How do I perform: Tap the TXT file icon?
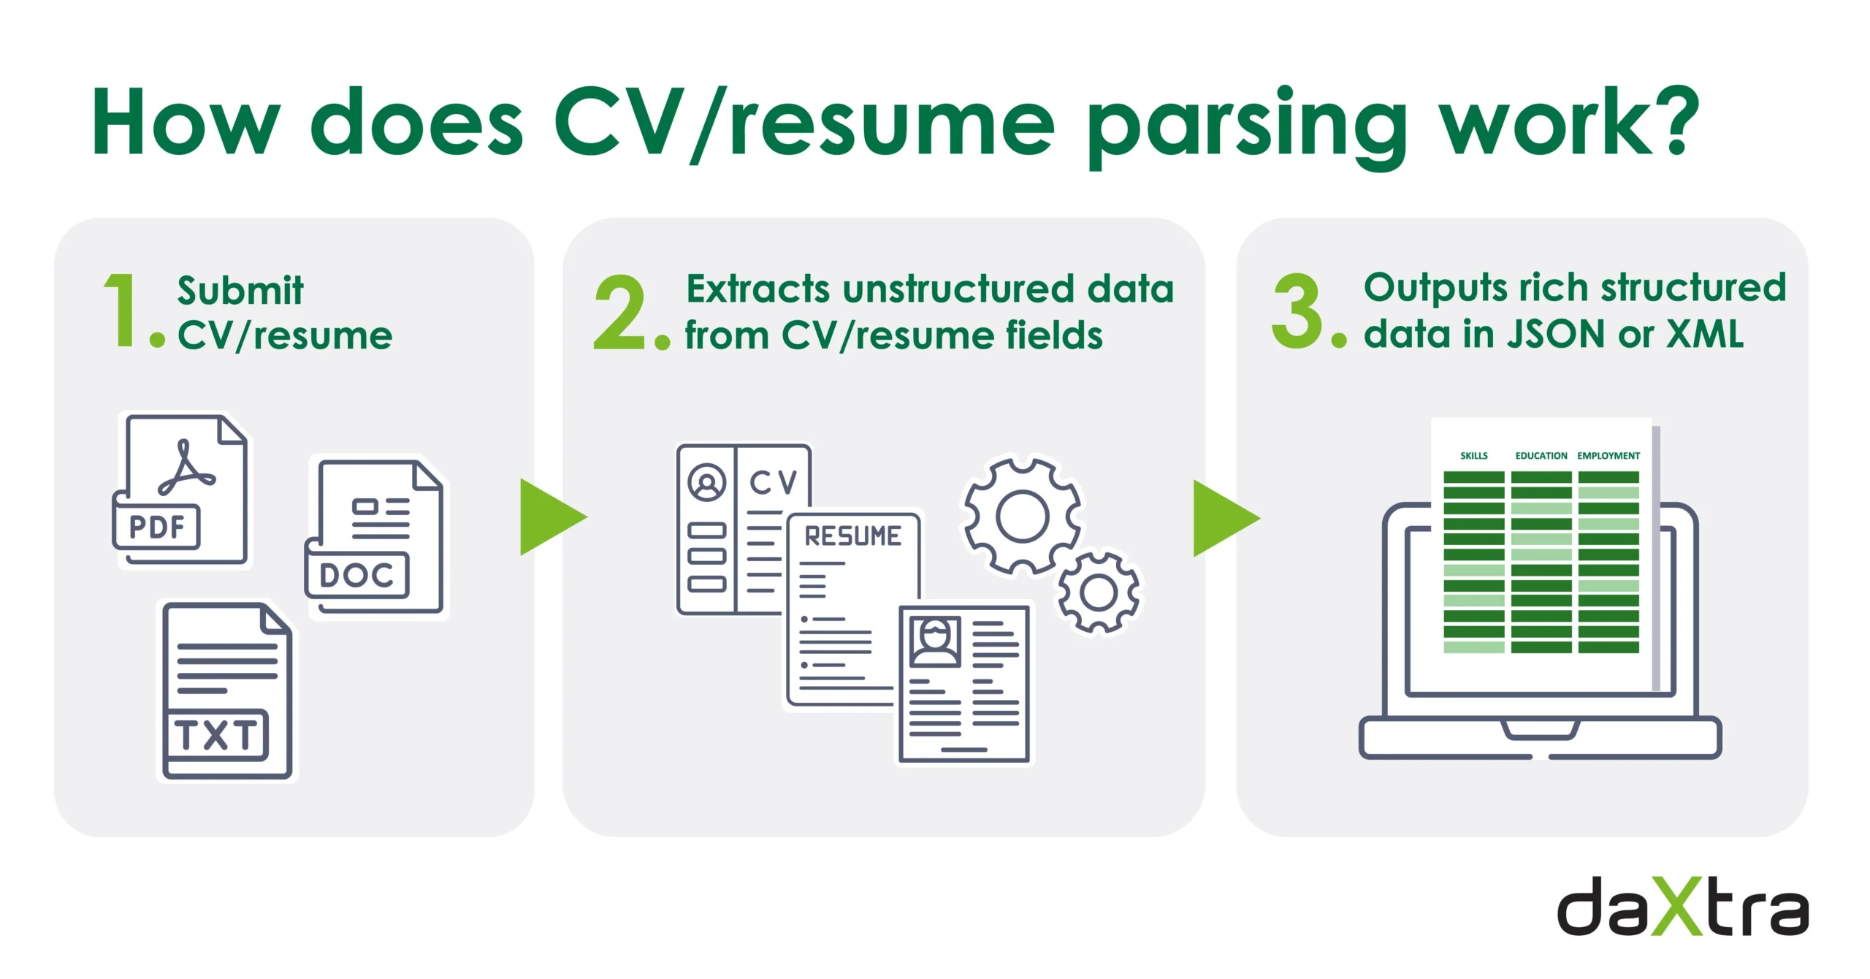pos(226,691)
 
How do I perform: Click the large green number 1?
pos(121,310)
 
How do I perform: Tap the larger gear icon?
pos(1023,516)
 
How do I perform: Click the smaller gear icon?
pos(1098,593)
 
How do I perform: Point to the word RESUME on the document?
pos(852,537)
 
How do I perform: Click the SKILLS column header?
pos(1473,456)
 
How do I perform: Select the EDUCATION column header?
pos(1541,456)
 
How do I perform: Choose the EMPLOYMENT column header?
pos(1608,456)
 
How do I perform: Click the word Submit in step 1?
pos(240,291)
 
